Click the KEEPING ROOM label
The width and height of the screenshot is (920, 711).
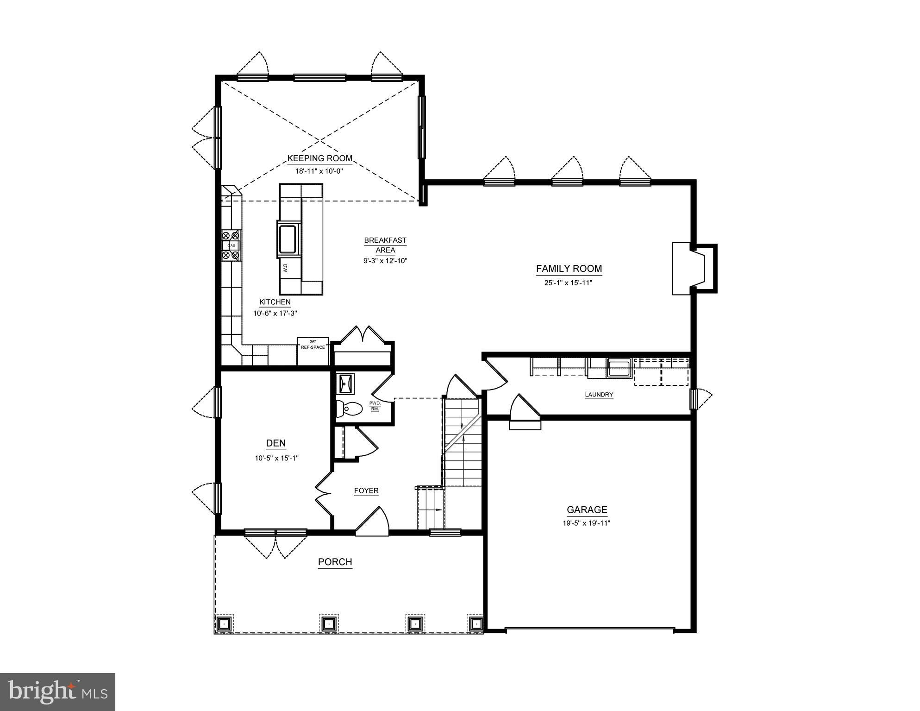click(x=319, y=158)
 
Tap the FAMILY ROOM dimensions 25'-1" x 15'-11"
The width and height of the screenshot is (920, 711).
click(x=569, y=283)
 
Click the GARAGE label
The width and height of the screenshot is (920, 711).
click(x=587, y=510)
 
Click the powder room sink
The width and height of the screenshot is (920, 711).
click(x=345, y=383)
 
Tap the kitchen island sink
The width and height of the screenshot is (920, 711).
click(x=289, y=239)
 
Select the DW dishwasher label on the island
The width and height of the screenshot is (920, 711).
click(x=285, y=268)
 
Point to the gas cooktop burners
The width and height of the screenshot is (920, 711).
click(x=231, y=245)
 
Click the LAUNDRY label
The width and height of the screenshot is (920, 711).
click(x=599, y=395)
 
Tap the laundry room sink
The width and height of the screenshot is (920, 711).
click(x=619, y=368)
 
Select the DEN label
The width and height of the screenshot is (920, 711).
click(x=275, y=443)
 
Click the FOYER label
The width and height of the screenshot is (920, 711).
click(x=366, y=491)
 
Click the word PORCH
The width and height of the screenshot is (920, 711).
click(x=335, y=562)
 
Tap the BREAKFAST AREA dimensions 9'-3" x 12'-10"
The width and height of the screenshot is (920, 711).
click(x=385, y=261)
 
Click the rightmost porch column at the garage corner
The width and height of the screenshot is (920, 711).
click(x=476, y=623)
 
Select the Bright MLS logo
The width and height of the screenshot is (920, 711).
click(x=57, y=692)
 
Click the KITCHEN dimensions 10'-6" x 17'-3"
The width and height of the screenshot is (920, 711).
click(x=275, y=313)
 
